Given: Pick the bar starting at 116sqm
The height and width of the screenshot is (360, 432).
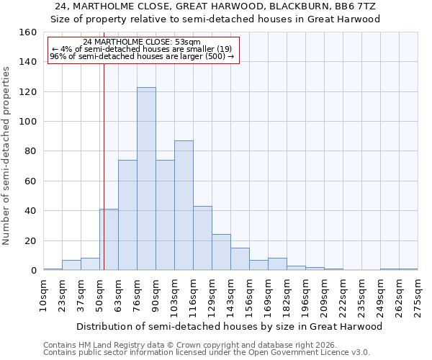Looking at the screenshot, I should (202, 238).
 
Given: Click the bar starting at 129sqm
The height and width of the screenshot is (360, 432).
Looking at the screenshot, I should (221, 252).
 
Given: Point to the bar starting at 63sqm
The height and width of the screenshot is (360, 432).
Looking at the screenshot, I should (127, 215).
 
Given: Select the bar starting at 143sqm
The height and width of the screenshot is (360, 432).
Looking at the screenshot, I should (240, 259).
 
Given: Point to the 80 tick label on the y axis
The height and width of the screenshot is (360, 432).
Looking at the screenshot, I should (30, 151).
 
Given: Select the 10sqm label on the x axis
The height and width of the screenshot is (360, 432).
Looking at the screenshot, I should (44, 295).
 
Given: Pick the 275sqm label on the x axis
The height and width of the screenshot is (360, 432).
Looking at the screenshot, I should (418, 295).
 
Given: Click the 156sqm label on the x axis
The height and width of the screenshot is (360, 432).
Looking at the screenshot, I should (250, 295).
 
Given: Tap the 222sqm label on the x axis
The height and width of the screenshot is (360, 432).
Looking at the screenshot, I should (343, 295).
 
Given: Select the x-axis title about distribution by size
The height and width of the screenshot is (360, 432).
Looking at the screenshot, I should (229, 326).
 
